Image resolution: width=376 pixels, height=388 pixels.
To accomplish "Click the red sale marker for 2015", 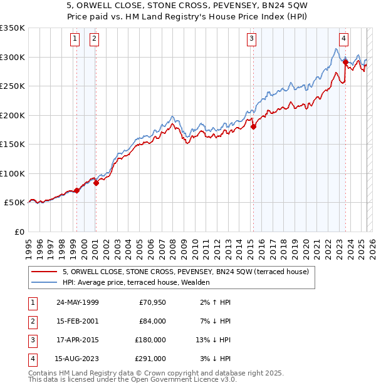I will (253, 126).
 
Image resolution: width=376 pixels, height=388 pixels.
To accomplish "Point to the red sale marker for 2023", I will (346, 61).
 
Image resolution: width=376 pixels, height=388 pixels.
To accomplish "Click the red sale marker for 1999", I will (76, 190).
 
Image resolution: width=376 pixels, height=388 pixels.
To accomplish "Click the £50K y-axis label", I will (14, 203).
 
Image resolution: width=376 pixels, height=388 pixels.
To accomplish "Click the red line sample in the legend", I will (43, 272).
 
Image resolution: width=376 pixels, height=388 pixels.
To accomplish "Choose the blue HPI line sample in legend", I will (43, 283).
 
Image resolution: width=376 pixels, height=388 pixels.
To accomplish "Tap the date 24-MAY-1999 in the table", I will (77, 302).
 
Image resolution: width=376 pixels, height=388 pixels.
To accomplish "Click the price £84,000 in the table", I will (152, 321).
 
